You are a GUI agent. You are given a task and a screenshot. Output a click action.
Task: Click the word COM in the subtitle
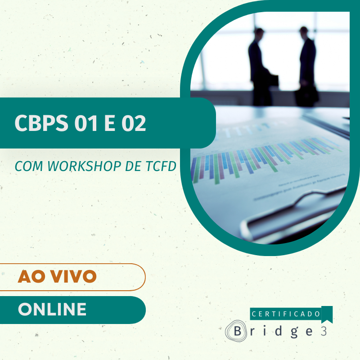(29, 166)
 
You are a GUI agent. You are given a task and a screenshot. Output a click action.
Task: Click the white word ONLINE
(52, 309)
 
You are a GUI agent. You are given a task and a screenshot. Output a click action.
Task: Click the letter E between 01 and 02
(110, 122)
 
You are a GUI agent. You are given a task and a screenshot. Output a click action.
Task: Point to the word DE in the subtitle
(133, 166)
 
